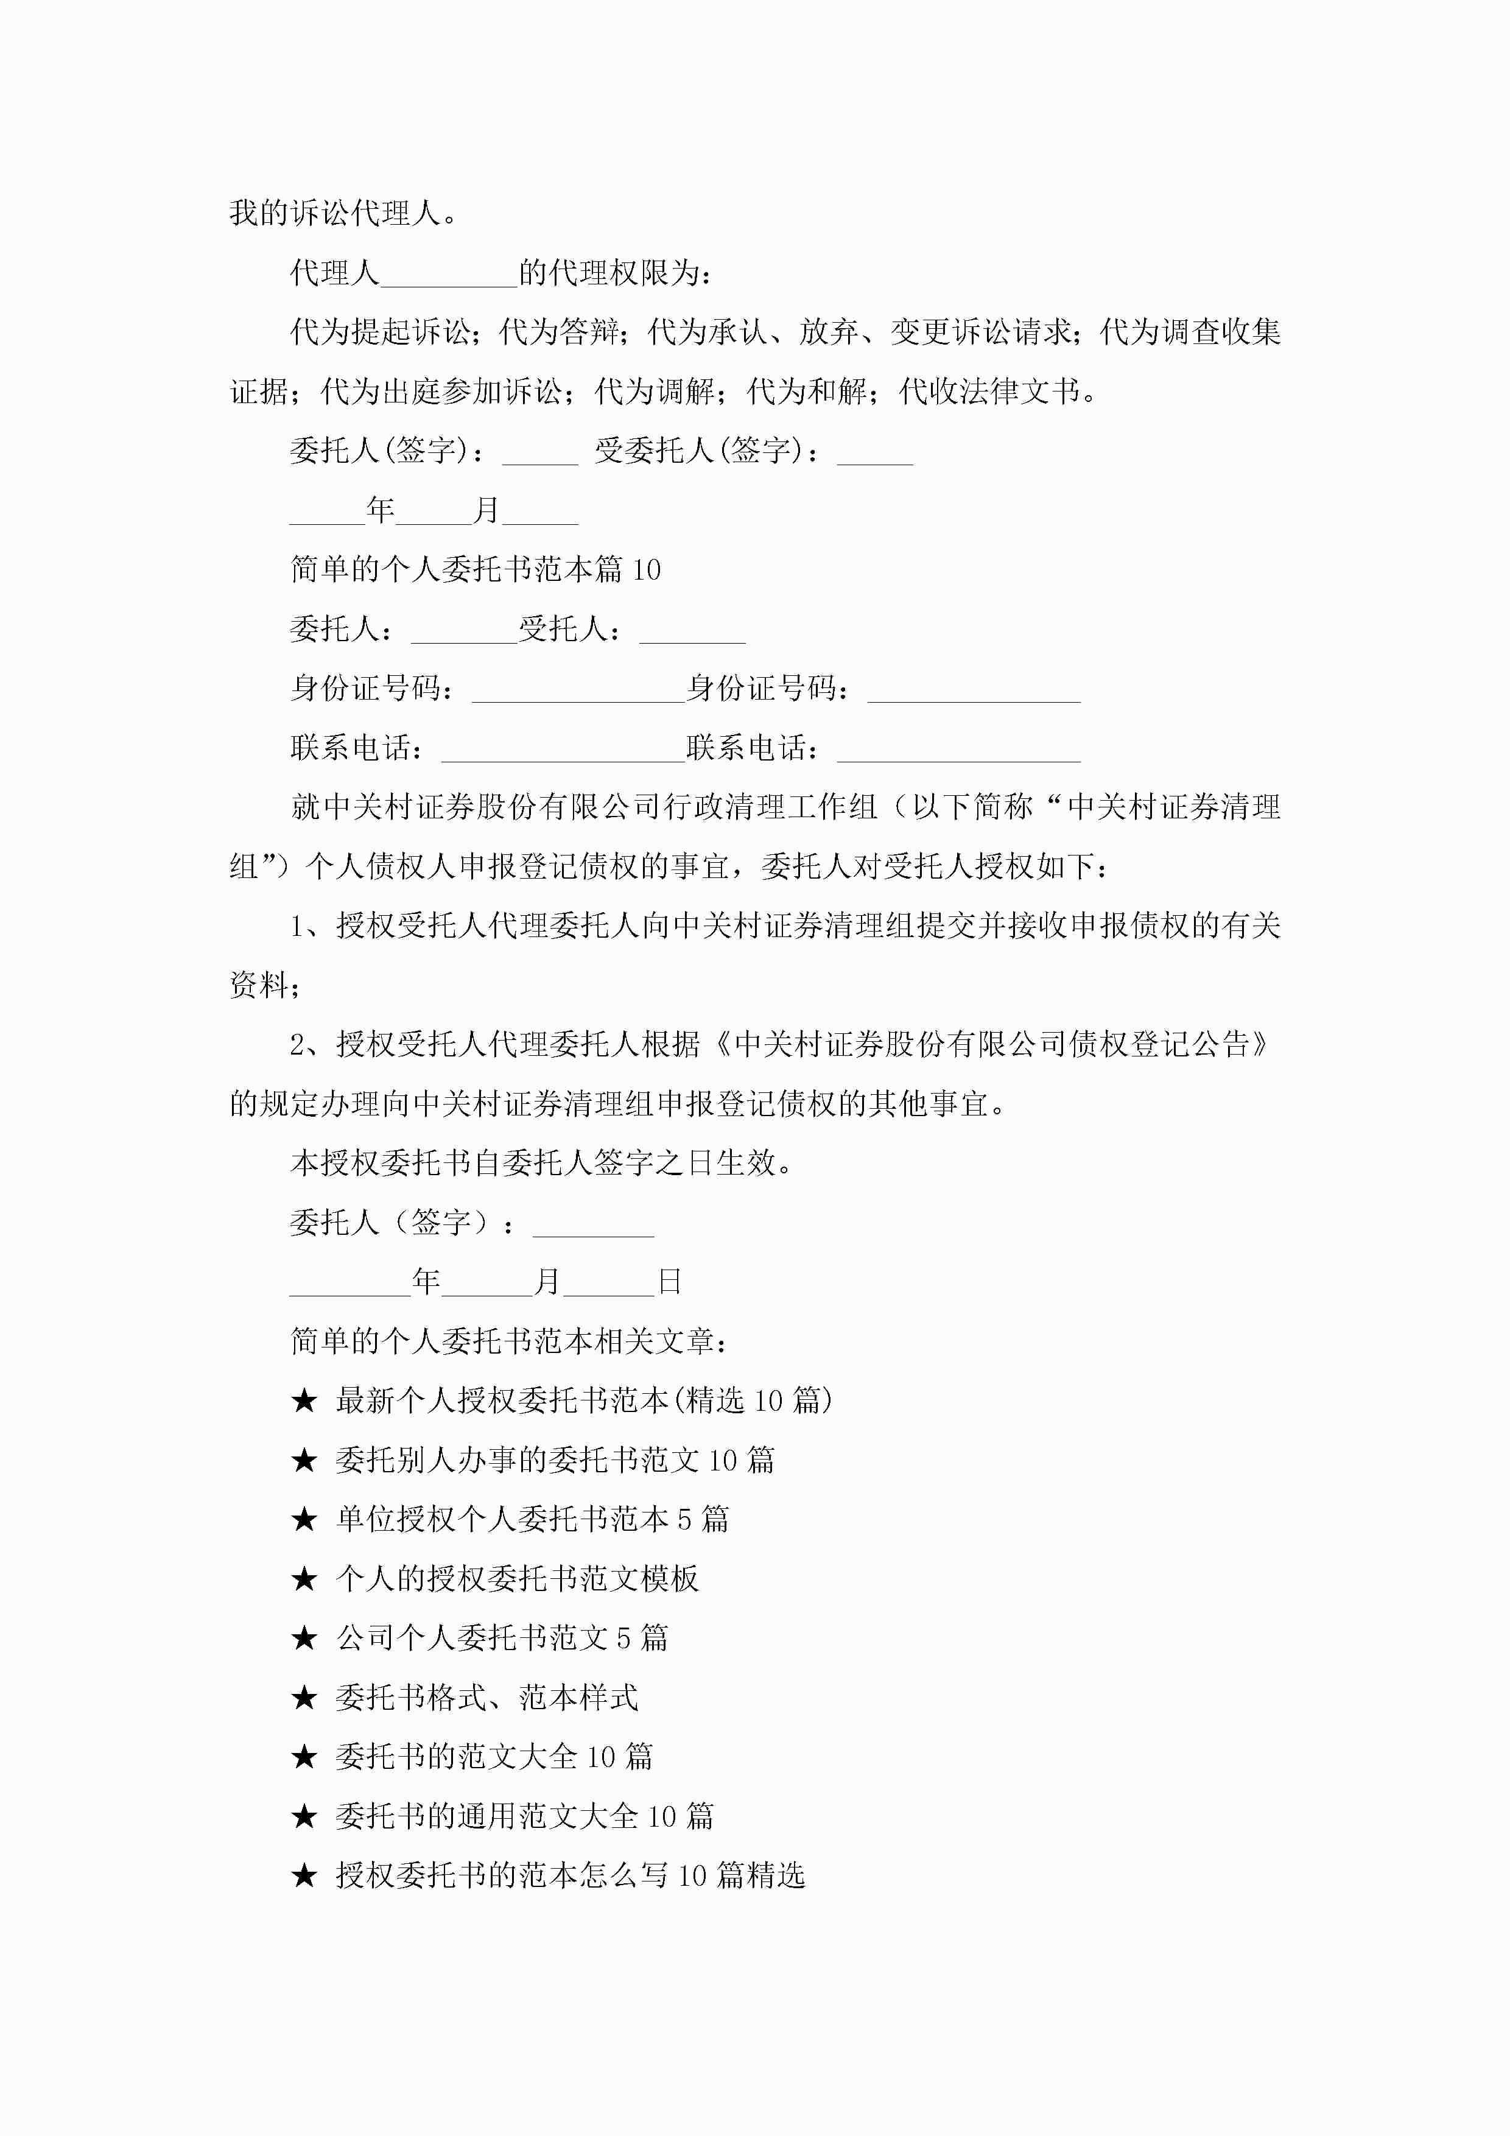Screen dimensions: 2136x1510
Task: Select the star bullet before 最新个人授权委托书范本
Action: (304, 1401)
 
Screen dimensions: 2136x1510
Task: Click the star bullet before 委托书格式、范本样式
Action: (304, 1698)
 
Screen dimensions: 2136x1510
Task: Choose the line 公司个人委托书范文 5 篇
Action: (502, 1639)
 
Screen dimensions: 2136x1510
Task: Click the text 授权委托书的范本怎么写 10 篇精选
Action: (569, 1875)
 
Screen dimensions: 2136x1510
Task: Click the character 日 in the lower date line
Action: (670, 1282)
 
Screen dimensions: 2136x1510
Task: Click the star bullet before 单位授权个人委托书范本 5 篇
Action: (304, 1519)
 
